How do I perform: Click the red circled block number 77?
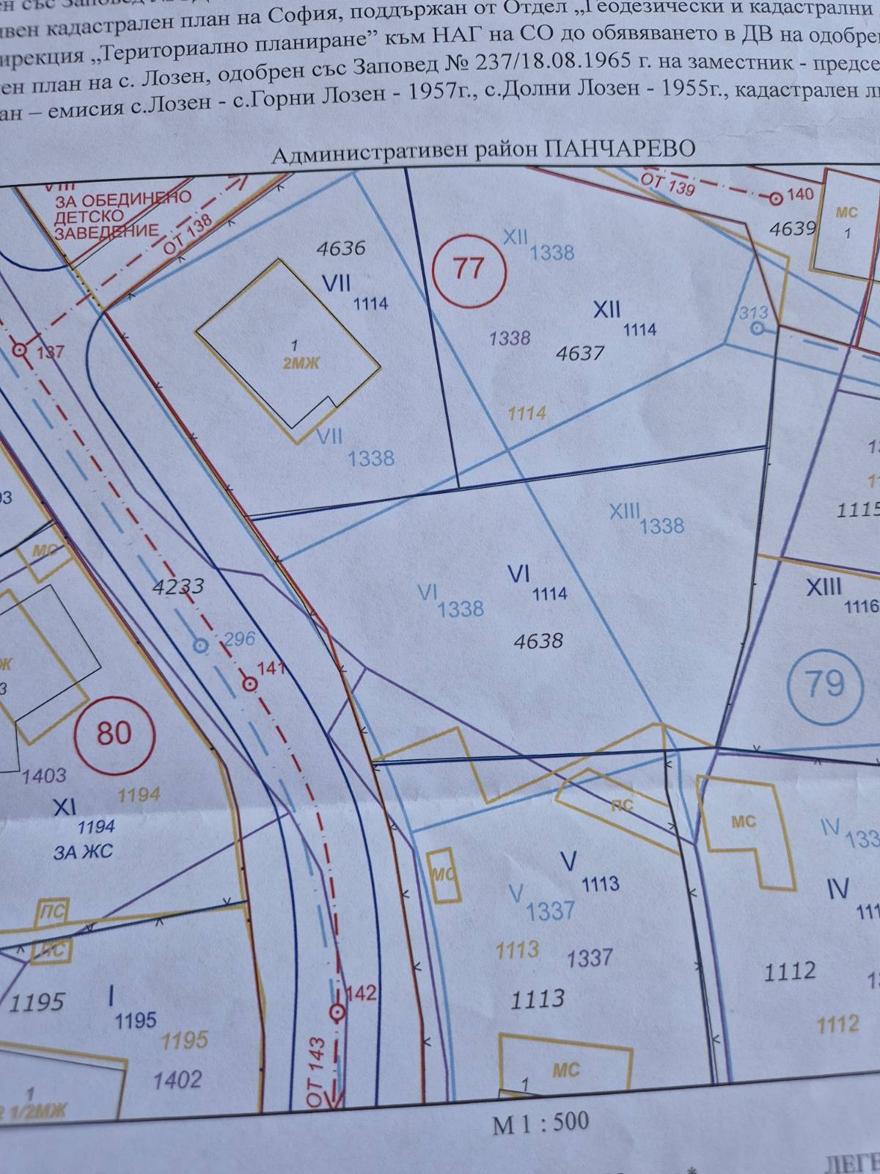click(469, 269)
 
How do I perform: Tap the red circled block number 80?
click(114, 732)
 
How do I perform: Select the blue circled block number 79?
click(824, 684)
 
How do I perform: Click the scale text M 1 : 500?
click(540, 1122)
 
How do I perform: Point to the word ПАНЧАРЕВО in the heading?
click(621, 149)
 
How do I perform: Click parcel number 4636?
click(340, 248)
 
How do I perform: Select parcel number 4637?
click(579, 354)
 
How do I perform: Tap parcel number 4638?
click(538, 641)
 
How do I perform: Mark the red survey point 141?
click(250, 684)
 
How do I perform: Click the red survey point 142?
click(337, 1013)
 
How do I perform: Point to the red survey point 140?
click(776, 197)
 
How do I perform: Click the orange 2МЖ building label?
click(301, 362)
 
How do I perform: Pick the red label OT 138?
click(188, 235)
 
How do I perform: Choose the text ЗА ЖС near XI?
click(83, 853)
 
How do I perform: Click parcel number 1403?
click(44, 775)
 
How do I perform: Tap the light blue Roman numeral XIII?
click(625, 511)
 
